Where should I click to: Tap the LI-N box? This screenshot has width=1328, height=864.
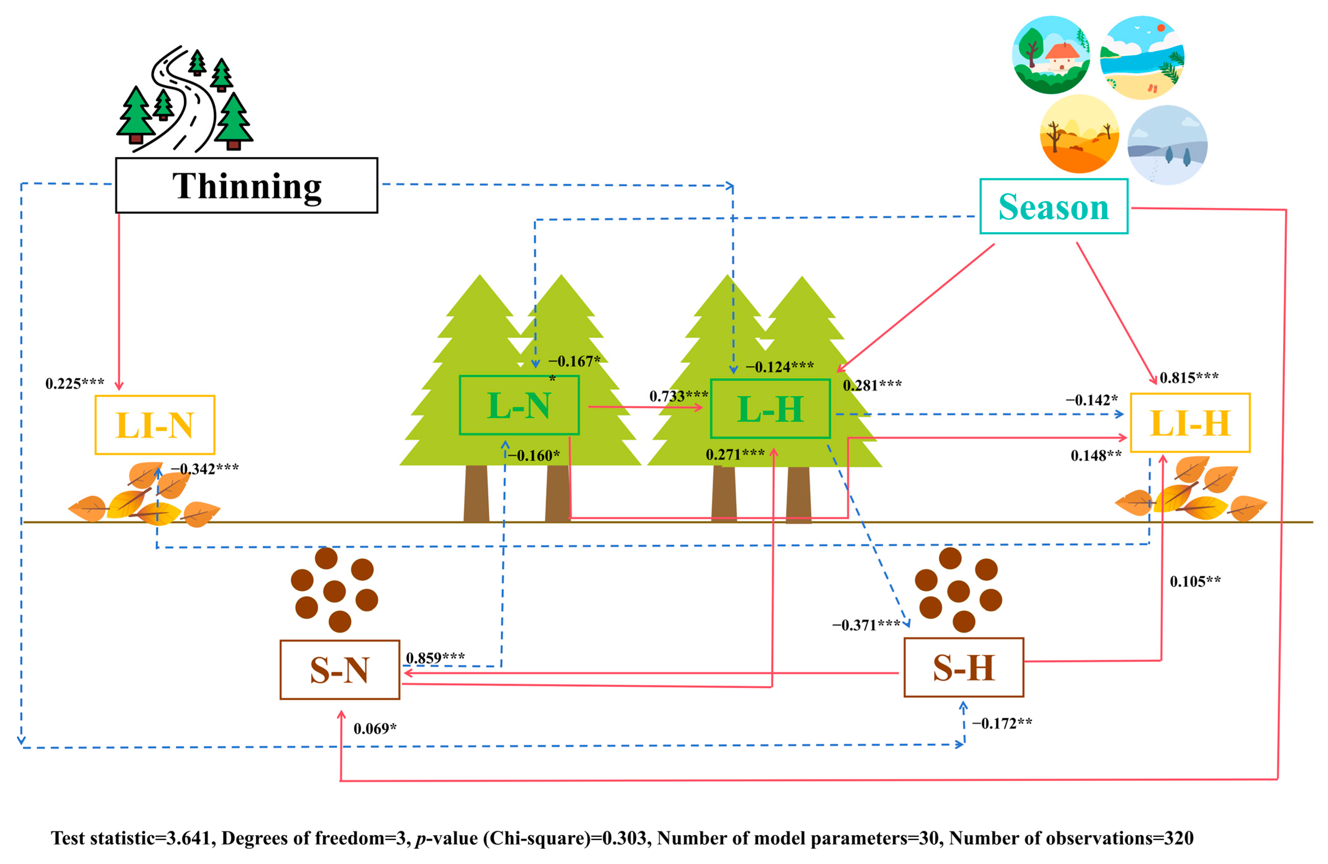click(x=155, y=425)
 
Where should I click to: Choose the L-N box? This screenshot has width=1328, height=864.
click(x=519, y=405)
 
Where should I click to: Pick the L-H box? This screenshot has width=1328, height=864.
click(x=770, y=409)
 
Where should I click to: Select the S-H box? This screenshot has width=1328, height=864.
click(x=964, y=668)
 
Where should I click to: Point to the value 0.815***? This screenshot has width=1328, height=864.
click(x=1189, y=378)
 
